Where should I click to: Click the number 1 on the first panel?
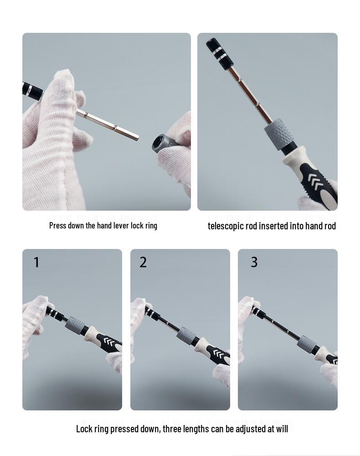(x=36, y=263)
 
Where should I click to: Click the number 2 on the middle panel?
(x=143, y=263)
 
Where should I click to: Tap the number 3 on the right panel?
(x=254, y=262)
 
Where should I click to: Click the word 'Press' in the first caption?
(x=57, y=225)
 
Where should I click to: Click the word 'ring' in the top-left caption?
(x=151, y=225)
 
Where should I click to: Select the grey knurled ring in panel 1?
(x=75, y=326)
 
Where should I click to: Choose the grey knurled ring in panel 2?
(x=186, y=336)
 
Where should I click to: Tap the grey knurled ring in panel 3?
(x=307, y=344)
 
